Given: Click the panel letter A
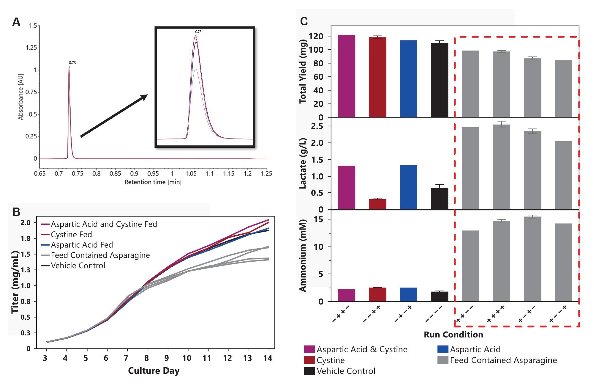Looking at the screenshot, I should [16, 22].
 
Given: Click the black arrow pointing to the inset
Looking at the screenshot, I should [114, 116].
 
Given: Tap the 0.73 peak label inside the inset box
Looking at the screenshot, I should [198, 32].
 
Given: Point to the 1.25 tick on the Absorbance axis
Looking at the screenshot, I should [31, 48].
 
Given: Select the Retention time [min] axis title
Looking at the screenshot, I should [153, 182].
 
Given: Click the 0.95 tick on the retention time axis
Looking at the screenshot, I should [153, 174].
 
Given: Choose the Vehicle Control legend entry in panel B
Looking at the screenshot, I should [78, 266].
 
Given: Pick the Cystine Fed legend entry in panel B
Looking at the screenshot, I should [71, 235].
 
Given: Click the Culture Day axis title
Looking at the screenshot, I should [154, 371].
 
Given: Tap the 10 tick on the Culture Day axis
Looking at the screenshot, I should [187, 358].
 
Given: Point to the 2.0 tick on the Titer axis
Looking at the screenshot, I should [26, 223].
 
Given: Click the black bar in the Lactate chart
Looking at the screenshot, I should [439, 199].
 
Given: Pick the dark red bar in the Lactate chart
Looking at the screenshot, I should [377, 204].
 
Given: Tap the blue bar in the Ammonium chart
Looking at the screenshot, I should [408, 294].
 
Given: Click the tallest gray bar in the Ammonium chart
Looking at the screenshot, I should [532, 259].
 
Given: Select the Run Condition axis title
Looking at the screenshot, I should [453, 335].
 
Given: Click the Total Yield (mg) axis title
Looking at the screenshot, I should [303, 71].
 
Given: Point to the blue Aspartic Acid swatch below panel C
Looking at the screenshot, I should [443, 349].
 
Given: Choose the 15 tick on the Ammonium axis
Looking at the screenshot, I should [318, 219].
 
